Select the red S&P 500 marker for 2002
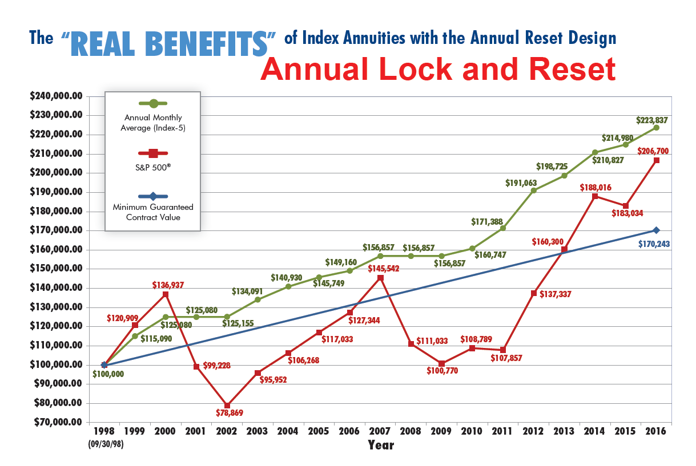coord(227,406)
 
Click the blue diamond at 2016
coord(656,230)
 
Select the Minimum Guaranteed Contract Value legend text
coord(152,212)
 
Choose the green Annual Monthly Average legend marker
coord(152,103)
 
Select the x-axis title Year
coord(380,445)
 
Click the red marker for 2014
coord(595,196)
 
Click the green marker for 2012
coord(533,191)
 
